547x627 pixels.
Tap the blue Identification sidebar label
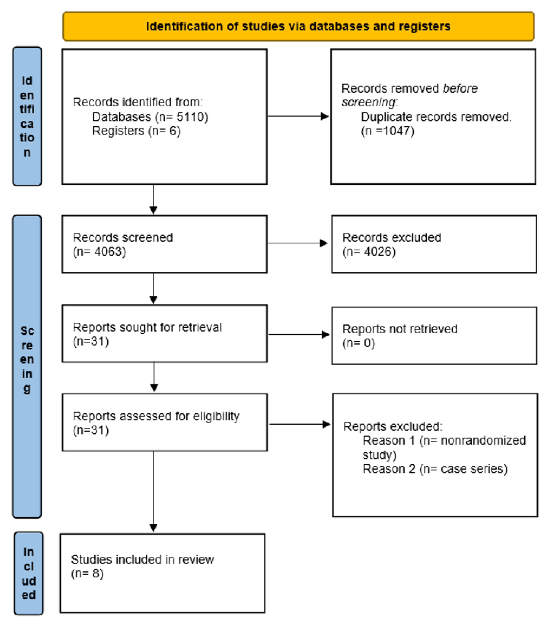click(x=27, y=116)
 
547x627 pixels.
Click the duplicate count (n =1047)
click(x=387, y=131)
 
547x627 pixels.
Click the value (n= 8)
click(x=87, y=573)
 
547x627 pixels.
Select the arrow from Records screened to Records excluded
click(x=297, y=243)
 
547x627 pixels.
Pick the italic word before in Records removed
click(x=460, y=88)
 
